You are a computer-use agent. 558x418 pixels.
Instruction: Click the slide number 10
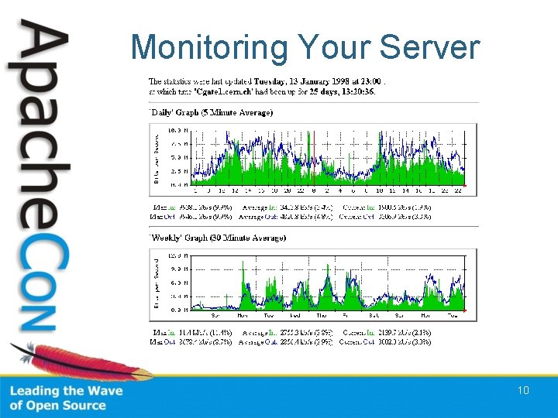tap(523, 390)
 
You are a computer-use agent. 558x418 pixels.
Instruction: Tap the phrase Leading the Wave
tap(66, 391)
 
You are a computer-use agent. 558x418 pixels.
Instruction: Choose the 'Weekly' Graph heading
tap(218, 238)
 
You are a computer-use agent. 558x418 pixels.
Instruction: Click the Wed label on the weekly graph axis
tap(295, 316)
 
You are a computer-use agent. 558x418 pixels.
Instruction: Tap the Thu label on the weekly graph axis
tap(322, 316)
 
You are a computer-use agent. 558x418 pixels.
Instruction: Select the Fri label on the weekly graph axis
tap(348, 316)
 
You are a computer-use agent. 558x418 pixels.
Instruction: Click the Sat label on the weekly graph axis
tap(374, 316)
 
